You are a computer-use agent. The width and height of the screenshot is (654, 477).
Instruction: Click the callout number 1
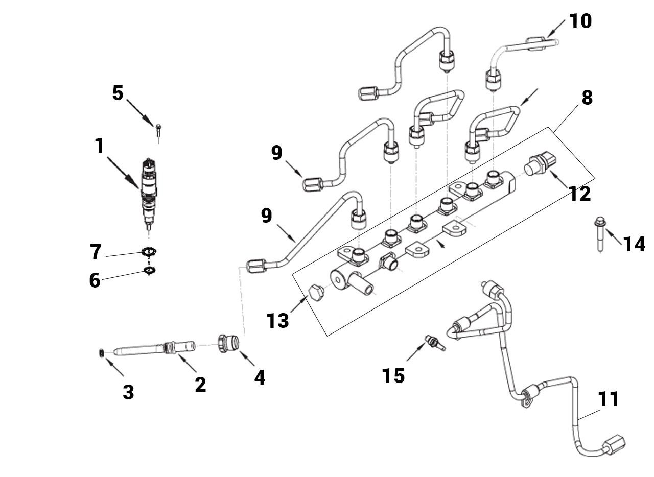coord(100,146)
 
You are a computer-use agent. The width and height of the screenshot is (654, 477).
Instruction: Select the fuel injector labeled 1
coord(149,194)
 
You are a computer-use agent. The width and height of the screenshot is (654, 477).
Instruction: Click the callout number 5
coord(118,93)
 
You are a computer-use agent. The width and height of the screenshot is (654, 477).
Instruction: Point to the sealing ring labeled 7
coord(149,251)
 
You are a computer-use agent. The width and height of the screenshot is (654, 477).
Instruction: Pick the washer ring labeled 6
coord(150,270)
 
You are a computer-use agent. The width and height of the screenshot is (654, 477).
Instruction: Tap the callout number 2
coord(201,385)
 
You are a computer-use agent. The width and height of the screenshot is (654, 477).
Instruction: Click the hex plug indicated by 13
coord(316,293)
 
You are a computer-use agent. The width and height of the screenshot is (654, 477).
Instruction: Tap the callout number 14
coord(634,244)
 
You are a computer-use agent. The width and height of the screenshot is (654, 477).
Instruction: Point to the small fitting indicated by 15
coord(435,343)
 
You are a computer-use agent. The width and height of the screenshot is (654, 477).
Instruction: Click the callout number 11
coord(609,399)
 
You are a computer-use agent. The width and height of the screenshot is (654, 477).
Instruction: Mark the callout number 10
coord(580,21)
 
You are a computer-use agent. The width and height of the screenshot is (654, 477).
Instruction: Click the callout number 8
coord(587,98)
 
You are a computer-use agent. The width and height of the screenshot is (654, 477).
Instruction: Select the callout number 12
coord(579,194)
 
